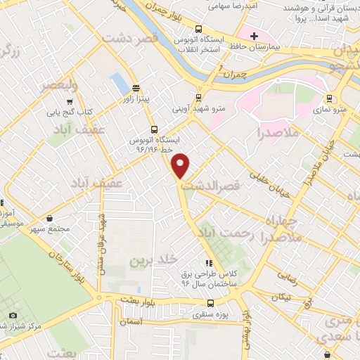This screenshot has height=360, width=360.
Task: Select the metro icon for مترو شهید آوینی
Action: (x=198, y=98)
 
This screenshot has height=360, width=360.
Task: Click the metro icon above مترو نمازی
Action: (x=329, y=98)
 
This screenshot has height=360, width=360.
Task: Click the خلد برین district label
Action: (x=149, y=260)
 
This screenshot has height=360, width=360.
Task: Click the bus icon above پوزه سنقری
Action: (x=210, y=303)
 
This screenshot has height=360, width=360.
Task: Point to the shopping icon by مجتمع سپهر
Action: (x=49, y=219)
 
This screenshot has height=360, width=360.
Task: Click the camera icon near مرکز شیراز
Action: (x=13, y=315)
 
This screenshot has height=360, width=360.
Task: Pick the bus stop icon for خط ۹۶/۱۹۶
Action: (x=154, y=129)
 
